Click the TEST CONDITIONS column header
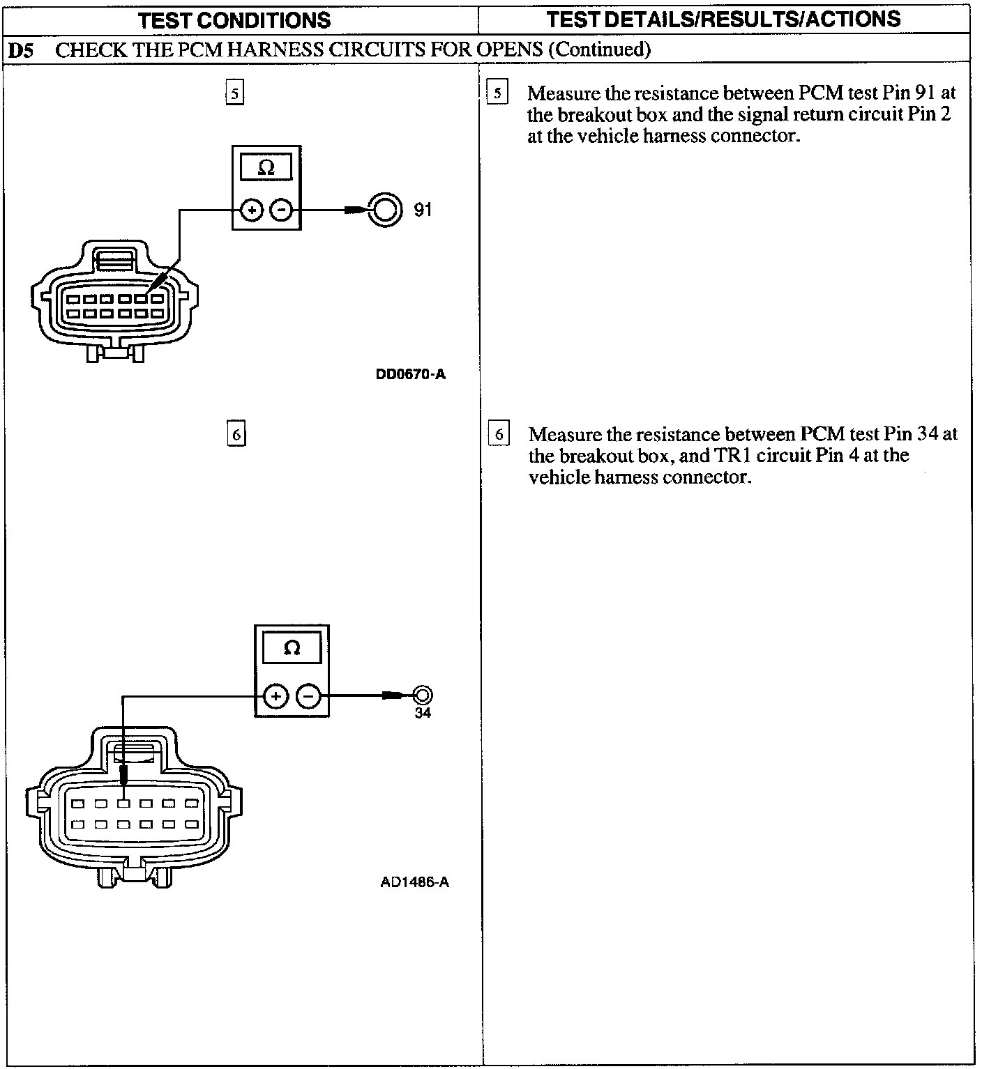coord(234,20)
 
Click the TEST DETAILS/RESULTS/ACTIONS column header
coord(723,19)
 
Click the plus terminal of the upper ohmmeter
coord(252,209)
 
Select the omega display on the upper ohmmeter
coord(266,168)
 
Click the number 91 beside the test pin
coord(423,209)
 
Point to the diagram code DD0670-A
coord(411,374)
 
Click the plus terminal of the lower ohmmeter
coord(276,695)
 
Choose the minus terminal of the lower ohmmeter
coord(309,695)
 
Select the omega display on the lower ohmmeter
coord(292,648)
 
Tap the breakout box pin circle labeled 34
coord(423,695)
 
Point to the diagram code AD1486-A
coord(414,882)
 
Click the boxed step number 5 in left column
coord(234,93)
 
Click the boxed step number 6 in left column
coord(236,435)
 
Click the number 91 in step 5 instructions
coord(925,93)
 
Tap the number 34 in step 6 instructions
coord(928,434)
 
